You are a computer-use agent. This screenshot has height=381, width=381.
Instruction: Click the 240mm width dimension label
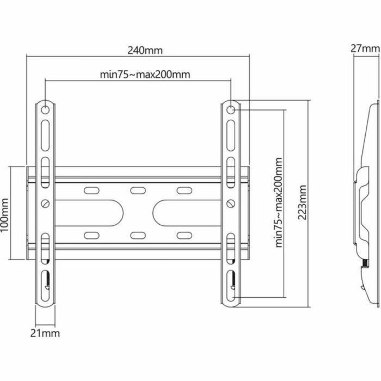tap(145, 50)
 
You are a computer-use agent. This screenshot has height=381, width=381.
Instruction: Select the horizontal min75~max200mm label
tap(145, 75)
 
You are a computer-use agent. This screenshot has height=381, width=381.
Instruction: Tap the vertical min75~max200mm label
tap(279, 203)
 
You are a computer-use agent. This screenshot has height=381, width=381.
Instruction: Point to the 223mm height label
tap(303, 202)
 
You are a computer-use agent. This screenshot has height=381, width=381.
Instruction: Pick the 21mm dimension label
tap(46, 333)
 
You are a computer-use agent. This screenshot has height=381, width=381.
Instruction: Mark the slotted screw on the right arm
tap(231, 204)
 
